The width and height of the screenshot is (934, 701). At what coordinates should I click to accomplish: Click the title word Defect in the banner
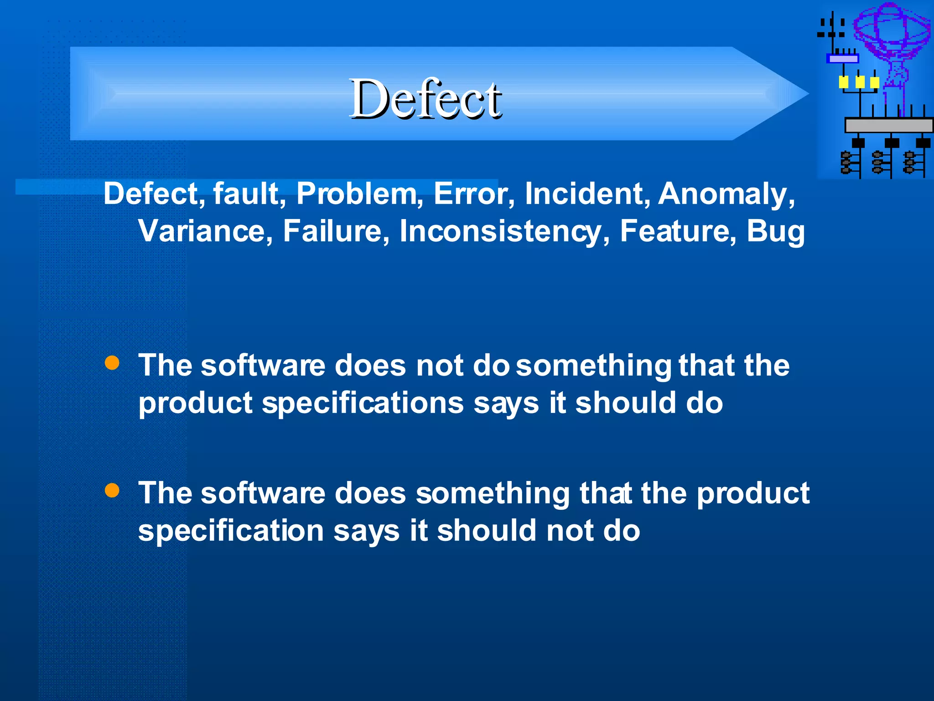point(425,99)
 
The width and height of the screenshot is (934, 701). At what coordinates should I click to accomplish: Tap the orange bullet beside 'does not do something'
point(112,363)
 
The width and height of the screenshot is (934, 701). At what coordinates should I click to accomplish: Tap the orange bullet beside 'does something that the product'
point(112,491)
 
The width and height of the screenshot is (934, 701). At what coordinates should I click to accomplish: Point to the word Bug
point(775,231)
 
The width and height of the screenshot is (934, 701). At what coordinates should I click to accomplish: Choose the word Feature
point(678,231)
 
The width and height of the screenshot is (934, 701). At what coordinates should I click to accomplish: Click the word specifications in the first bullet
point(363,403)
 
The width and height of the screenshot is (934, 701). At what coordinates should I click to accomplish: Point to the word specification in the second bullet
point(231,531)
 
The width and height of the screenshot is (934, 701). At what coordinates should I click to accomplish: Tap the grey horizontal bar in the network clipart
point(888,125)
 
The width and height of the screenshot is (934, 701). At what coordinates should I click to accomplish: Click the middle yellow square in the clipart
point(860,82)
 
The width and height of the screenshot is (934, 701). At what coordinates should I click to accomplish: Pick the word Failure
point(336,231)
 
